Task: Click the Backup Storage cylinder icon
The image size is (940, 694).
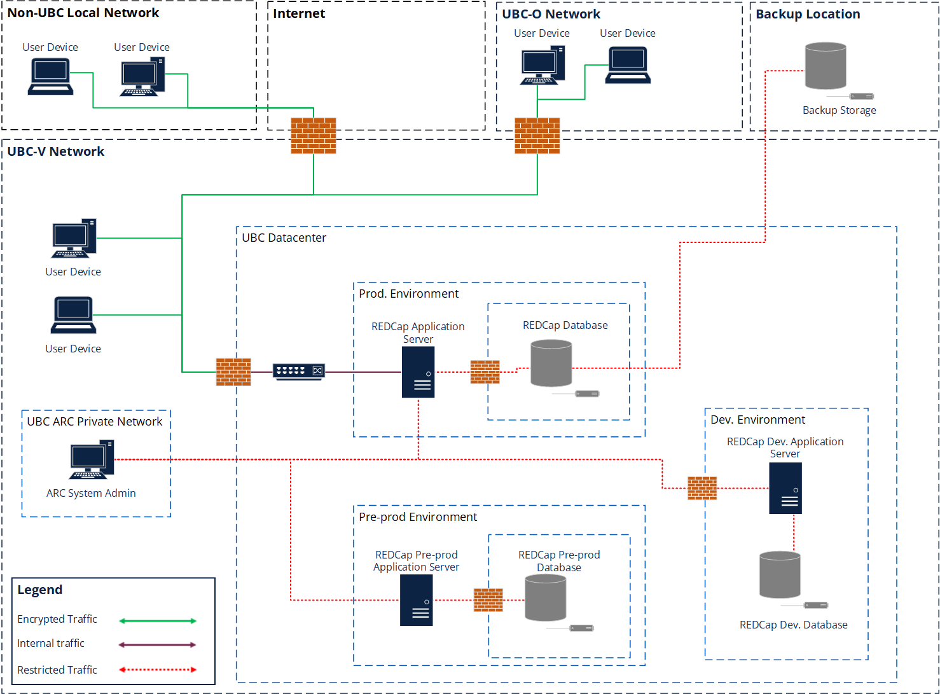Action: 826,66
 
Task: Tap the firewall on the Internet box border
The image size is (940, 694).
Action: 314,135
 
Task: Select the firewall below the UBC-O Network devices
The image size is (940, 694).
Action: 537,135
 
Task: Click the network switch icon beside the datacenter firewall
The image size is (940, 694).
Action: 299,371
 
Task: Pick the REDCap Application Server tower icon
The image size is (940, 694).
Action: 418,372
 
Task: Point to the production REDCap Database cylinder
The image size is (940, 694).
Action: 551,363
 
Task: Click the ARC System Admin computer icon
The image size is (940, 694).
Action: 92,459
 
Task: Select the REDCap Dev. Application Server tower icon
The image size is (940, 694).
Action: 785,488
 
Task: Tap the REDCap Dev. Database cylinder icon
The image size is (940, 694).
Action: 780,575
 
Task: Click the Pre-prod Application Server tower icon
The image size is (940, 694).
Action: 416,600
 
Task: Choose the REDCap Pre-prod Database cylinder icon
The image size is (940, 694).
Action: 545,598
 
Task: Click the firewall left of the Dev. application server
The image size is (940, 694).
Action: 702,488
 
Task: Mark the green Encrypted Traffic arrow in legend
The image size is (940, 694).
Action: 158,621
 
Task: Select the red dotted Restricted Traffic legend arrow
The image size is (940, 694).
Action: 158,669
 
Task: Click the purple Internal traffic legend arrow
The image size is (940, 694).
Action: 158,645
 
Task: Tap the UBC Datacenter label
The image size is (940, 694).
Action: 284,238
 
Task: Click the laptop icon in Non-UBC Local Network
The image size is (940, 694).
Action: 50,77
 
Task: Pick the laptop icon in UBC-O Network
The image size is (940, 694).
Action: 628,66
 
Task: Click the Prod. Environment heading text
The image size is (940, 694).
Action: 408,294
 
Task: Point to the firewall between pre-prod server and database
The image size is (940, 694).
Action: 488,600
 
